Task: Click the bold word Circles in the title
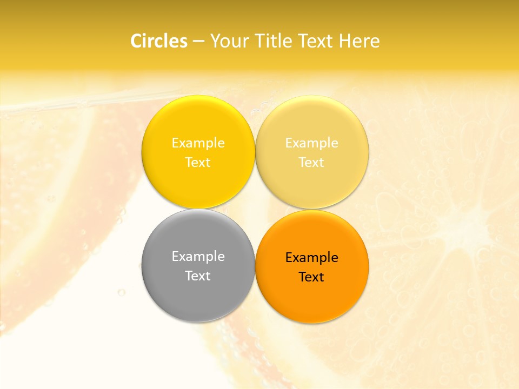[x=158, y=41]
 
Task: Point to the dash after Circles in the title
[x=198, y=42]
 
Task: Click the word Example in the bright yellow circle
[x=198, y=143]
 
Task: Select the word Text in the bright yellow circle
[x=198, y=162]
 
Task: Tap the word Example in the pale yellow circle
[x=311, y=143]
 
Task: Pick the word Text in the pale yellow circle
[x=311, y=162]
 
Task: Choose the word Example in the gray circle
[x=198, y=256]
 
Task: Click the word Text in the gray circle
[x=198, y=276]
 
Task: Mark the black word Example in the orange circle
[x=311, y=257]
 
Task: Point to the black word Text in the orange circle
[x=311, y=277]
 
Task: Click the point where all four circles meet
[x=255, y=209]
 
